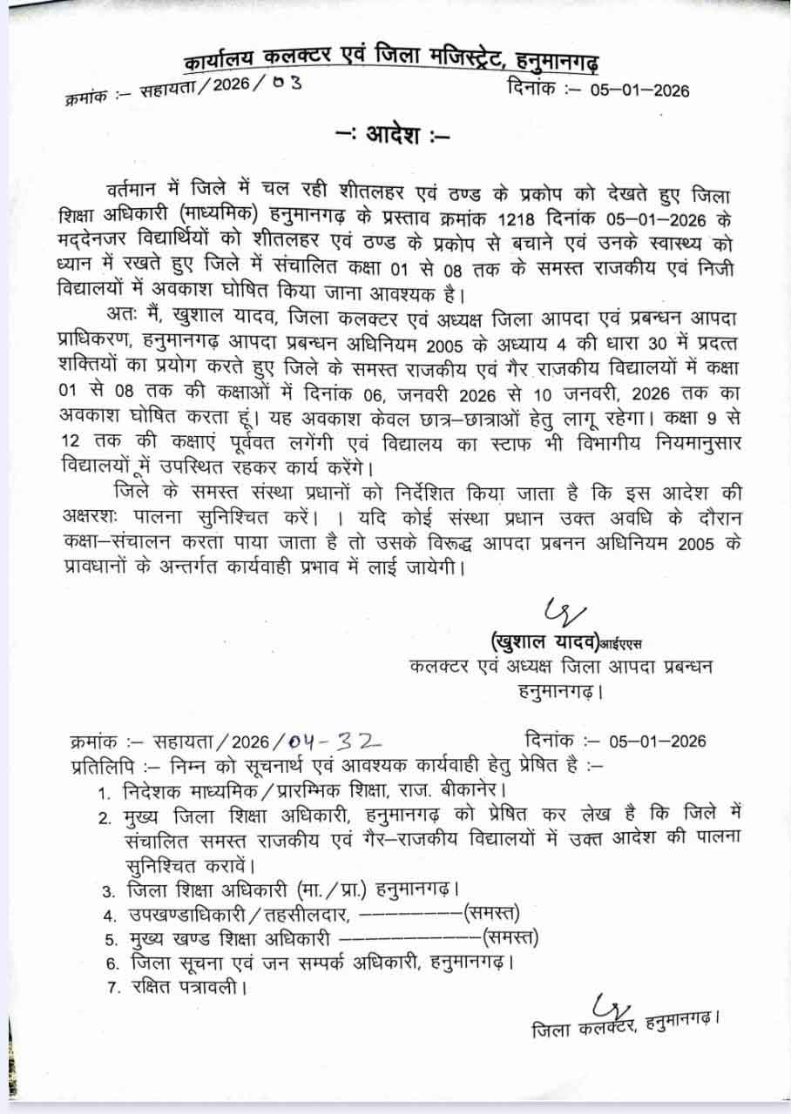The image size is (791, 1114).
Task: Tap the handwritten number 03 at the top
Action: coord(287,89)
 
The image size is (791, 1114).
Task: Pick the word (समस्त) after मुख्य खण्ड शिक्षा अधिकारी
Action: coord(511,938)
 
